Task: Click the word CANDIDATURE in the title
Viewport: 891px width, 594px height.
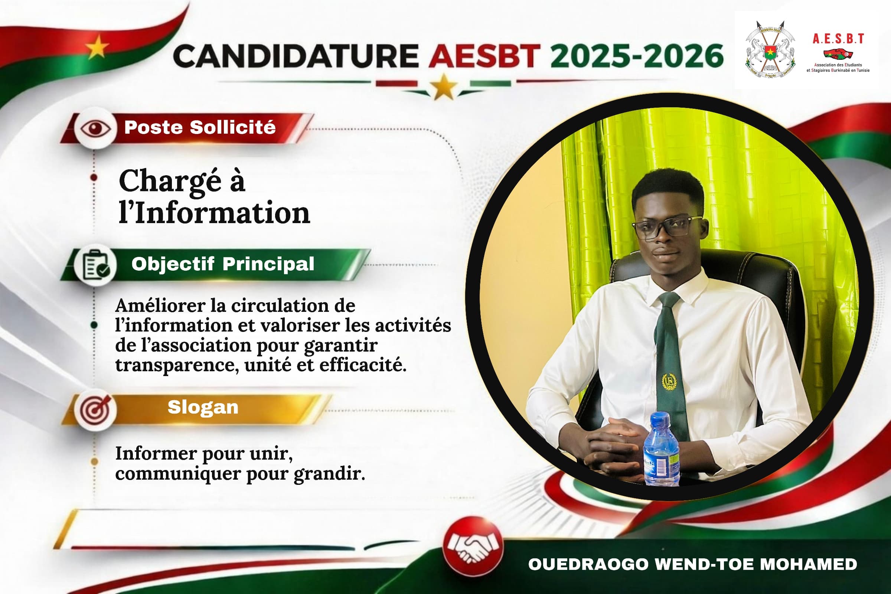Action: click(x=296, y=56)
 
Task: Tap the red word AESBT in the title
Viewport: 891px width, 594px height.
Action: click(x=484, y=56)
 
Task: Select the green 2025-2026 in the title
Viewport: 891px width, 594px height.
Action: click(x=637, y=56)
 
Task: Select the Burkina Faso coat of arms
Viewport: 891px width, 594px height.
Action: click(x=770, y=49)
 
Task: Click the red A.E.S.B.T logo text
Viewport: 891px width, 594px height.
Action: click(x=838, y=39)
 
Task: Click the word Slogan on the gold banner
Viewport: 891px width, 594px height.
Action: click(x=203, y=407)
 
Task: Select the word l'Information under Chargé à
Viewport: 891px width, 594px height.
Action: click(x=215, y=213)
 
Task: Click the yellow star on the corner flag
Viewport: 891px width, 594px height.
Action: click(x=97, y=47)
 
